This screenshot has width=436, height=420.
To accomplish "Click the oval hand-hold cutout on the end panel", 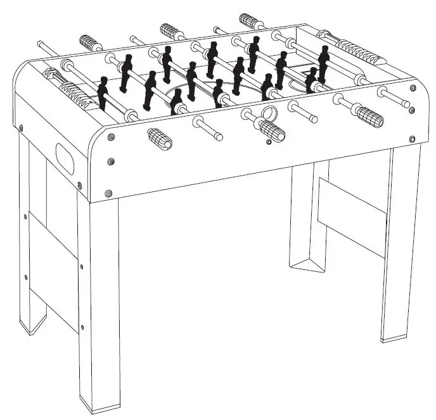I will (65, 158).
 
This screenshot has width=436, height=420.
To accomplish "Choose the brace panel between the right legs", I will (352, 215).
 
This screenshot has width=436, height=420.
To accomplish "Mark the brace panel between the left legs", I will (54, 266).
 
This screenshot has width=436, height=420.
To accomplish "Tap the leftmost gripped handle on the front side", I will (160, 138).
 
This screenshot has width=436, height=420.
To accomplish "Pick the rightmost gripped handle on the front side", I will (368, 116).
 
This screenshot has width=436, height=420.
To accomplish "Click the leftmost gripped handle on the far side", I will (91, 43).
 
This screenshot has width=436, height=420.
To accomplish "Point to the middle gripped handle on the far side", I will (171, 30).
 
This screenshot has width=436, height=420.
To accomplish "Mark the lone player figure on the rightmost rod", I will (324, 63).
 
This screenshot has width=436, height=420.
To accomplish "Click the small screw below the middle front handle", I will (269, 143).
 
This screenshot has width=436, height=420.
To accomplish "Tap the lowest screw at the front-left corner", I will (108, 191).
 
